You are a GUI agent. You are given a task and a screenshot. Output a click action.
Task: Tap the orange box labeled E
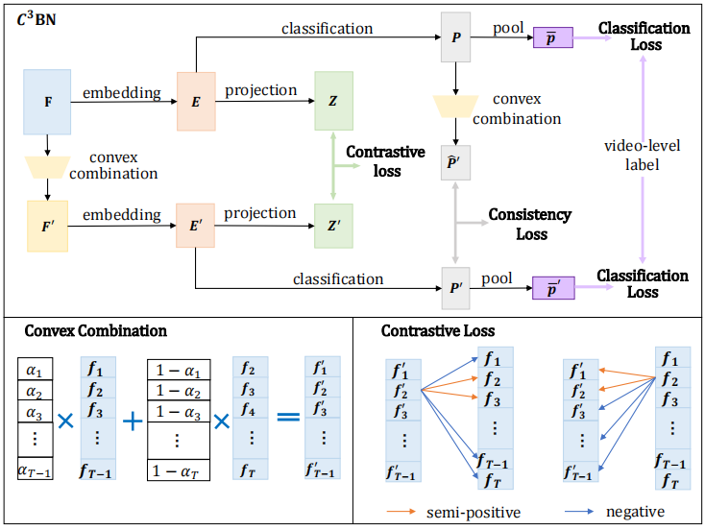pyautogui.click(x=195, y=100)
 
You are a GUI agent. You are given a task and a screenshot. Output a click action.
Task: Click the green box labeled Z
pyautogui.click(x=333, y=100)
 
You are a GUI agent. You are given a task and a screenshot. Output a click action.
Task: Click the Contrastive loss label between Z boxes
pyautogui.click(x=385, y=161)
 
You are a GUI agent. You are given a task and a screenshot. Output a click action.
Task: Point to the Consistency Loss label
pyautogui.click(x=530, y=224)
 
